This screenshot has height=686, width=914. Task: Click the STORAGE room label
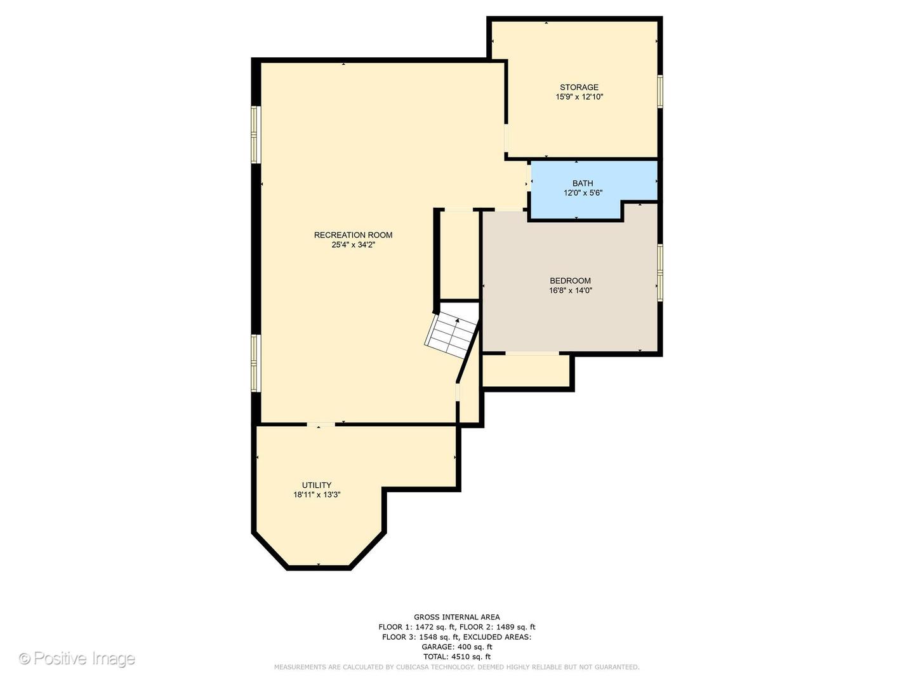(x=578, y=88)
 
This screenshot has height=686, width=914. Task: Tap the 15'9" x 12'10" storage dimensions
(x=579, y=97)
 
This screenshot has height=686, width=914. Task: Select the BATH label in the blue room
(x=582, y=184)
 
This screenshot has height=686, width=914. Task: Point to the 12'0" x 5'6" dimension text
(x=582, y=193)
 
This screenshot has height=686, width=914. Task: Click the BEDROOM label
(x=570, y=281)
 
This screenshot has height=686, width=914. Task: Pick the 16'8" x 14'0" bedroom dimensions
(x=571, y=290)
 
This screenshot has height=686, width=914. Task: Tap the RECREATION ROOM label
(x=353, y=235)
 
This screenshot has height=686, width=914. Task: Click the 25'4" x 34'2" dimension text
(x=353, y=245)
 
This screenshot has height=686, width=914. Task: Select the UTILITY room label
(x=316, y=485)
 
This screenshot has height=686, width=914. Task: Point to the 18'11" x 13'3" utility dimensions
(x=317, y=495)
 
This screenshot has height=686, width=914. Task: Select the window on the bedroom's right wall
(x=660, y=272)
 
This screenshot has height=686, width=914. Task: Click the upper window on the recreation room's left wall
(x=256, y=135)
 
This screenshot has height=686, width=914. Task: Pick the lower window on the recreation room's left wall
(x=256, y=363)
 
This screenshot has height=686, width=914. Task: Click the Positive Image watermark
(x=77, y=658)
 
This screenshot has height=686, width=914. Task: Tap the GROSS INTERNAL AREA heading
(x=456, y=617)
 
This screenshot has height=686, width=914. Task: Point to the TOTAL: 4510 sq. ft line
(x=456, y=657)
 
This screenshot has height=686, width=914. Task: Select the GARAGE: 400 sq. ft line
(x=456, y=647)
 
